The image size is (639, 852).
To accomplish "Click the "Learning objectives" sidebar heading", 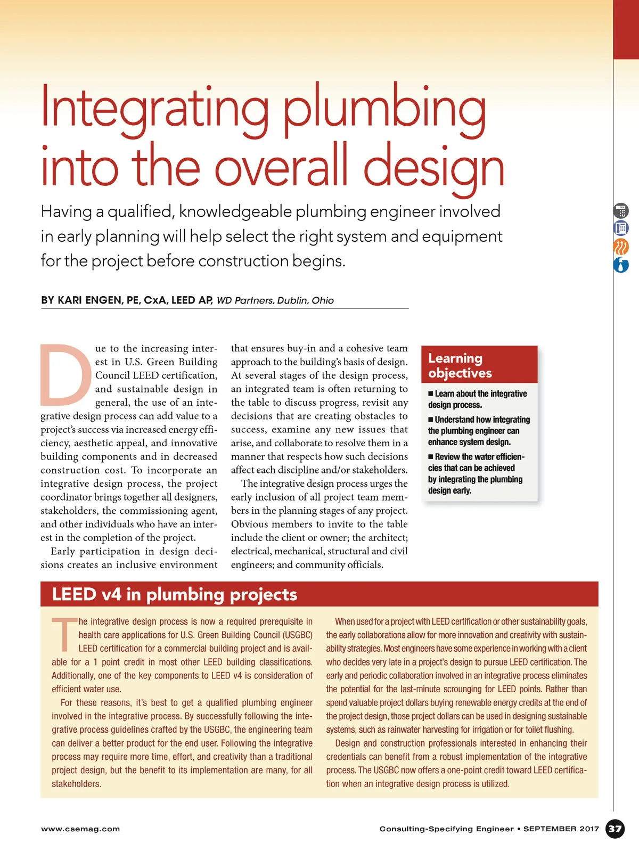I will click(460, 365).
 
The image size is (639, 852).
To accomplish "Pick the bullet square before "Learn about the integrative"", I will click(431, 394).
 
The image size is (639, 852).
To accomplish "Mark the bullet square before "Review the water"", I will click(431, 457).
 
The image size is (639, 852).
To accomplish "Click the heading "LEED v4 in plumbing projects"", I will click(175, 594).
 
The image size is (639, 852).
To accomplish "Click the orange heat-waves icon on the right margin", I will click(621, 247).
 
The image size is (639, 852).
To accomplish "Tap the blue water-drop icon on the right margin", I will click(621, 265).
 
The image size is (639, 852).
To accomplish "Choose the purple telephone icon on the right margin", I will click(621, 228).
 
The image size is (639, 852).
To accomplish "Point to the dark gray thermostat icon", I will click(621, 211).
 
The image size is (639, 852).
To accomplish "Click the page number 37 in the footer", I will click(615, 829).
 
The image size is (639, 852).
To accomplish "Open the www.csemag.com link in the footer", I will click(80, 829).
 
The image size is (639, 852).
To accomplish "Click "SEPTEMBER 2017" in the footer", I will click(561, 829).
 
